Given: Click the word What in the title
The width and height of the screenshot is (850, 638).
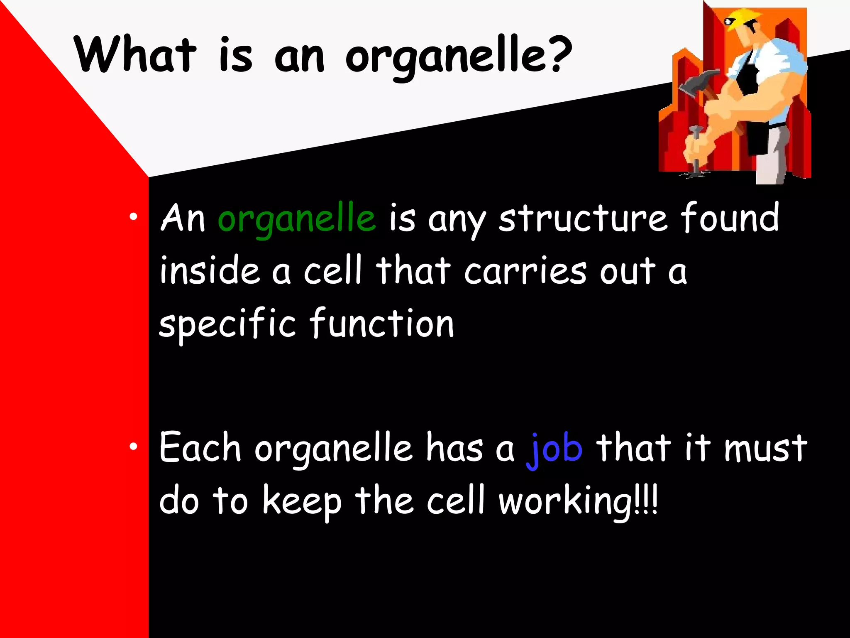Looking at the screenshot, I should (135, 55).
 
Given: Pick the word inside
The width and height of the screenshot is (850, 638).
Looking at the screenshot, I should (210, 271).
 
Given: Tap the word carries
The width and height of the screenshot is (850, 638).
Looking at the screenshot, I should (525, 271).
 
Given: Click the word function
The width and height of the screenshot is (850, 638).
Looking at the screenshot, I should (382, 323).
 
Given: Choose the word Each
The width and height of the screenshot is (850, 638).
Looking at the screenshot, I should (200, 448).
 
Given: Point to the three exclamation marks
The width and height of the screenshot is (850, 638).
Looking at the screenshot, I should (646, 501).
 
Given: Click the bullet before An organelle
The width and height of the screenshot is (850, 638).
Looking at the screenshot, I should (133, 217).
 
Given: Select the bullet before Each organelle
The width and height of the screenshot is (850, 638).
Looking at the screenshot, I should (133, 447).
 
